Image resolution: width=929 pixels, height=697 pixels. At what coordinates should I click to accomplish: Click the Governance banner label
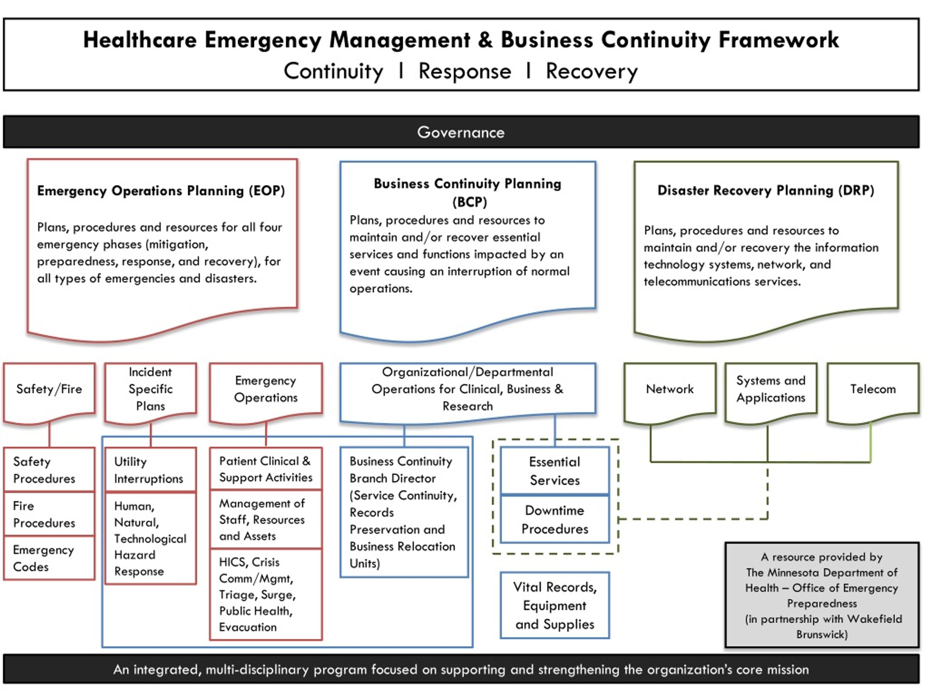461,133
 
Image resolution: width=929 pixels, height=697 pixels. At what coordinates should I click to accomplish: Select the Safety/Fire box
49,392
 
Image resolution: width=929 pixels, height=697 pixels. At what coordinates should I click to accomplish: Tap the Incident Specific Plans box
150,392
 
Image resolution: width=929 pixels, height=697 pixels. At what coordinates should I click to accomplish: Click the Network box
670,392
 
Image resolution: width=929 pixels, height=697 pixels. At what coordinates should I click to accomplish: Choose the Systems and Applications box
771,392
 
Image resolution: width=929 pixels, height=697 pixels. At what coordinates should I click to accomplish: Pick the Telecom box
873,392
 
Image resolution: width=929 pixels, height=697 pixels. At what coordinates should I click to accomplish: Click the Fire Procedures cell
49,514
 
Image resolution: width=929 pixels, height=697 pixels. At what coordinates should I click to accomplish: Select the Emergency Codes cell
49,558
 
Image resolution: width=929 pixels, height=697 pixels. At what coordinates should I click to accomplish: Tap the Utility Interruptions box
150,469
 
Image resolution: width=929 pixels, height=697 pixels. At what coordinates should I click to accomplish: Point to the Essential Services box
555,470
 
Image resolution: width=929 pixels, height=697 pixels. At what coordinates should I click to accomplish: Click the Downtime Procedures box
555,519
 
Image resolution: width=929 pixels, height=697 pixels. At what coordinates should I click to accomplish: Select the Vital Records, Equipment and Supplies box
555,606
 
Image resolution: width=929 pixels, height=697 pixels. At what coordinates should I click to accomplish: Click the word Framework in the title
779,40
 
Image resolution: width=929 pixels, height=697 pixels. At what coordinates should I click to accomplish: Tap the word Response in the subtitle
465,71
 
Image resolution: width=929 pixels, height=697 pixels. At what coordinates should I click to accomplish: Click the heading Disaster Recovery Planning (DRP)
766,190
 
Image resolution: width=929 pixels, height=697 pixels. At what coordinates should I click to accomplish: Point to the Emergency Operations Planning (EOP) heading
161,191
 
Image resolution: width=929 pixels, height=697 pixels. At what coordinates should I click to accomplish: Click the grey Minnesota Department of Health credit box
822,595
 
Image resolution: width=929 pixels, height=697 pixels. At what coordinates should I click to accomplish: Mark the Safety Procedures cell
49,469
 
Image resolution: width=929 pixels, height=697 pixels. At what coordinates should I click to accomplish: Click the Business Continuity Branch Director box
404,512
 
